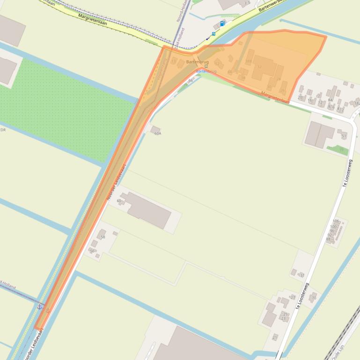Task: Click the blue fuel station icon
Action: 222,23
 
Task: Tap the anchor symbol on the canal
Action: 40,307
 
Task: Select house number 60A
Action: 158,133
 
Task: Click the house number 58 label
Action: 103,237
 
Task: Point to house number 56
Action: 92,251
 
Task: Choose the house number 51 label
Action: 344,136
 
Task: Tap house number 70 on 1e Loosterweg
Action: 314,298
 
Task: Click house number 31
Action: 302,275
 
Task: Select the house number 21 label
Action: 275,337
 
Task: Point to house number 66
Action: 191,81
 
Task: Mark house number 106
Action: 335,221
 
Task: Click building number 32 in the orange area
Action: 259,67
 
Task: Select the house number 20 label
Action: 300,97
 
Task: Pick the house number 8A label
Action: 331,100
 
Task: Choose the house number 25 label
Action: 285,314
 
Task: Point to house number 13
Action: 174,62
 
